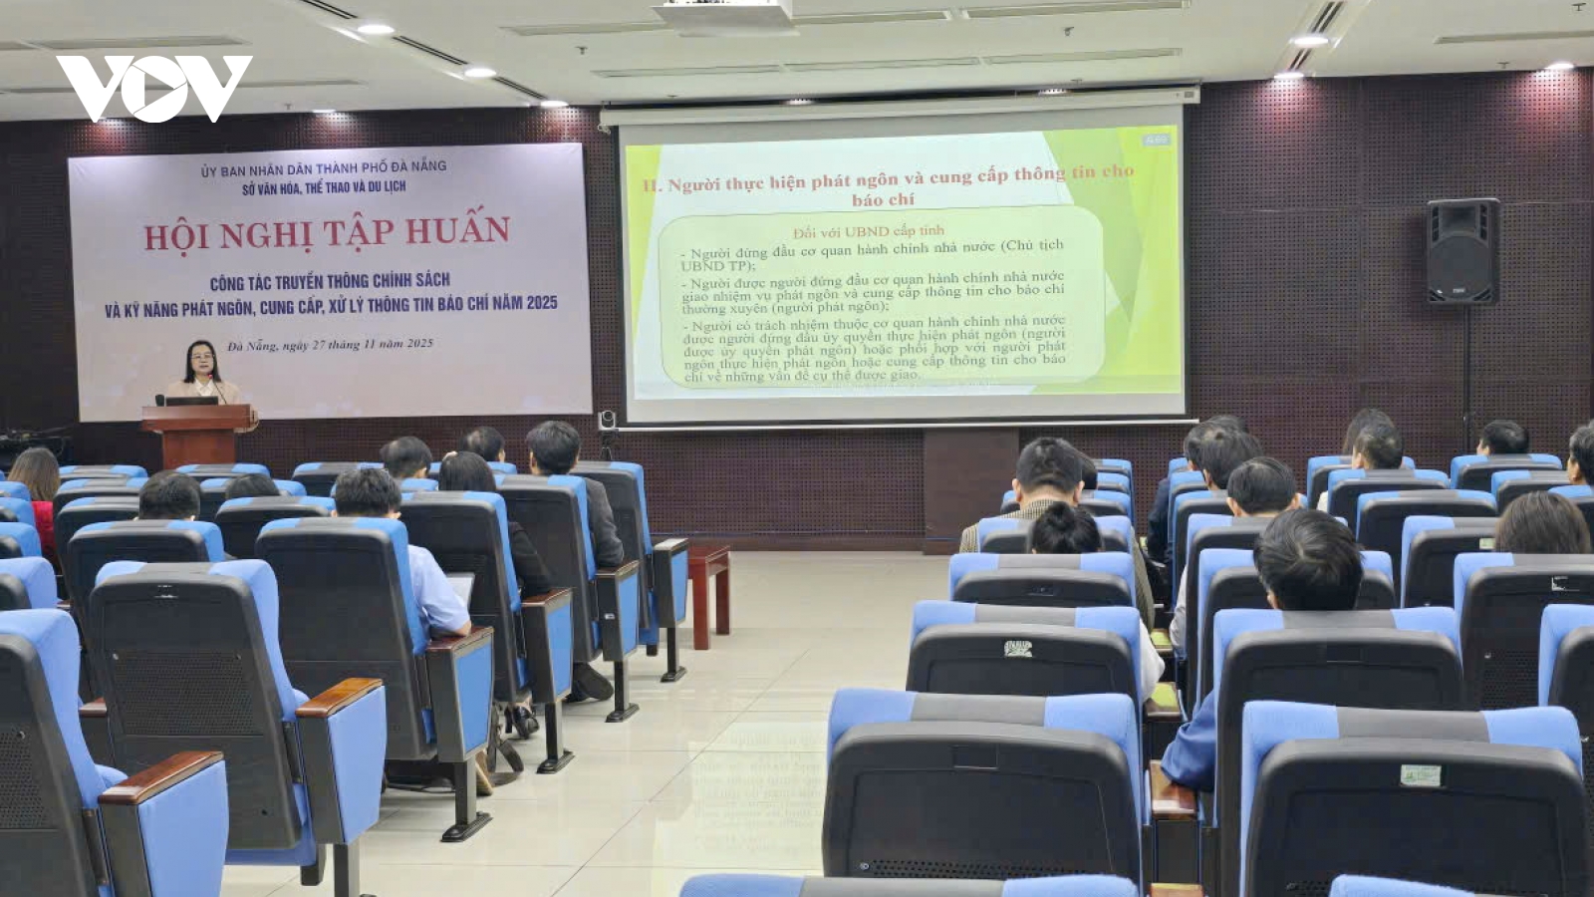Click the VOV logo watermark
click(x=154, y=88)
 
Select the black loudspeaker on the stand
click(x=1461, y=251)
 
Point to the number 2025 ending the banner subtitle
click(x=542, y=302)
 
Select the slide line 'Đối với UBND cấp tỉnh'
click(x=868, y=231)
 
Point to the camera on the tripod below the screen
click(x=607, y=421)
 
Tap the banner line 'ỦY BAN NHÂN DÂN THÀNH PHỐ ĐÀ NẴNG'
click(x=324, y=168)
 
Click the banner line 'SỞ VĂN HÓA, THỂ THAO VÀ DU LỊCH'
click(x=324, y=187)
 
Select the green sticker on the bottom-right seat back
click(x=1420, y=774)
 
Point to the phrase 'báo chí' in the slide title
click(x=883, y=199)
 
